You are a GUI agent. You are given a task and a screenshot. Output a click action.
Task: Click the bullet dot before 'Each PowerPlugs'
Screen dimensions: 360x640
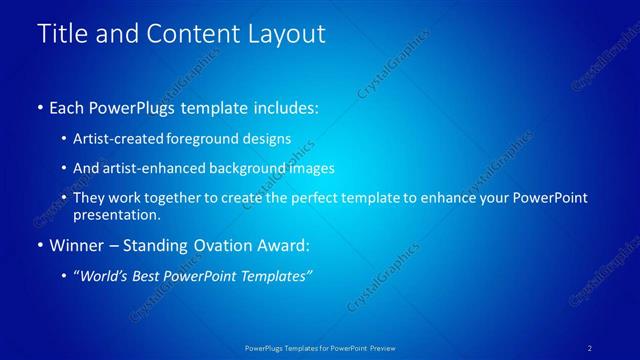39,106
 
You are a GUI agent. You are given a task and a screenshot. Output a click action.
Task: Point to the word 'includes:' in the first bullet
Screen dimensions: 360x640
284,106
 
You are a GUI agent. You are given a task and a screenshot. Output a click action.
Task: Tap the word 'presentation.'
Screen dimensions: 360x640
116,214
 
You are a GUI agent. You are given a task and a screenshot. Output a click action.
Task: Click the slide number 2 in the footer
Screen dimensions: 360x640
590,348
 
